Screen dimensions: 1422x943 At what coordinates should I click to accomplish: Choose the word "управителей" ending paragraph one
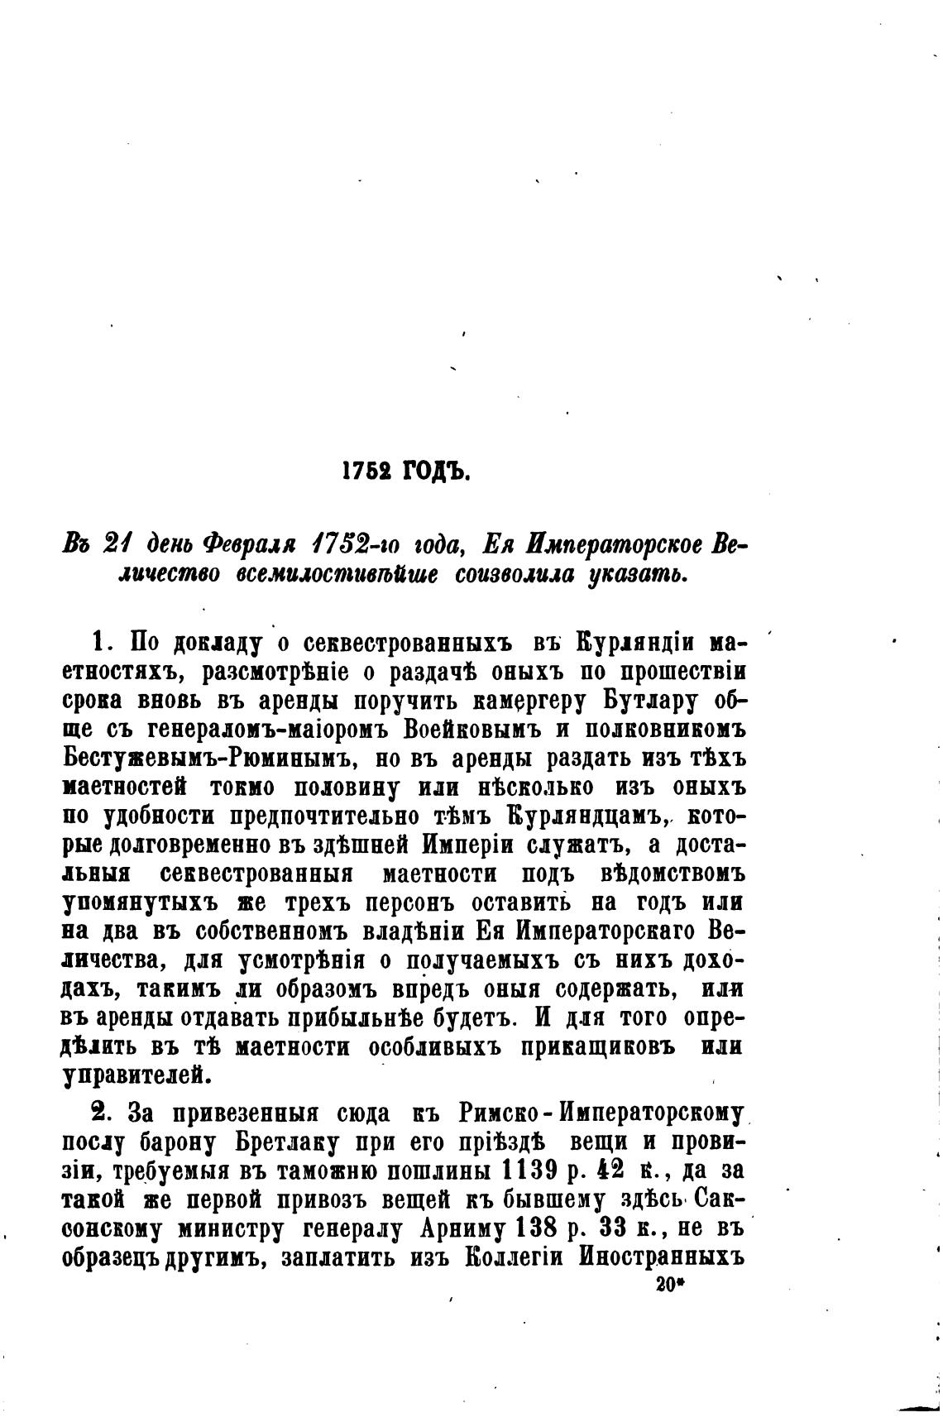(132, 1075)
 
